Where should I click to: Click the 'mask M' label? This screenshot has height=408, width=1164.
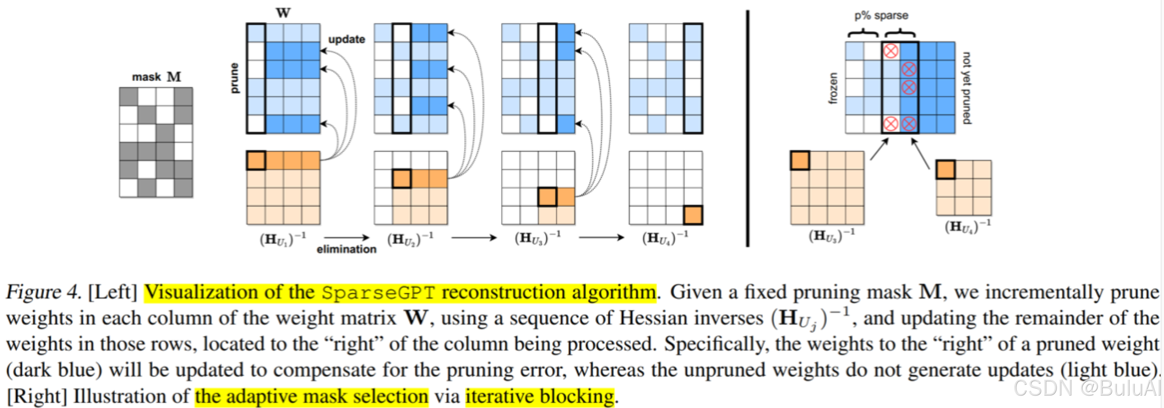coord(156,77)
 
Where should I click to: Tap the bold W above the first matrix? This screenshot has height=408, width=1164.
coord(283,12)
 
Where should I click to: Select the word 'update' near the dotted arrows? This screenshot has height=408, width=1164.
coord(346,39)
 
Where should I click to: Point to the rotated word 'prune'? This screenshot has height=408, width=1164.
coord(234,78)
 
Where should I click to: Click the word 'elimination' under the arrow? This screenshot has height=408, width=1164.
coord(346,249)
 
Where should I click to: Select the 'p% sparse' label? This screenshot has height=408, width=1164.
coord(881,15)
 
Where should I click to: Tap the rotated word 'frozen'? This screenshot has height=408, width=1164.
coord(833,88)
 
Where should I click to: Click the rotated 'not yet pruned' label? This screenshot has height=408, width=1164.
coord(966,88)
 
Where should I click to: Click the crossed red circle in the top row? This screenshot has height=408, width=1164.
coord(890,51)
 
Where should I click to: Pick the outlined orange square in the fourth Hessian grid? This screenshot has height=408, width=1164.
coord(693,215)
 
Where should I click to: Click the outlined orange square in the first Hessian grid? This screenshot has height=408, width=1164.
coord(256,160)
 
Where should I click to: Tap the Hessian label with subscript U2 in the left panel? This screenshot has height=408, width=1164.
coord(410,238)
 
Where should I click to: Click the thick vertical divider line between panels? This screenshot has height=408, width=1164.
coord(747,129)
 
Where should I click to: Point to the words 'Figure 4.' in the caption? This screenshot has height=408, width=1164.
coord(43,292)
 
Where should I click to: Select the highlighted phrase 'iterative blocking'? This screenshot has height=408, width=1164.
coord(540,397)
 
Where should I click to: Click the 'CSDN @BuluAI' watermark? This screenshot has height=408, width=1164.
coord(1087,388)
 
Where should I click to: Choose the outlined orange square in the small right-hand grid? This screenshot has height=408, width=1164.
coord(945,170)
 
